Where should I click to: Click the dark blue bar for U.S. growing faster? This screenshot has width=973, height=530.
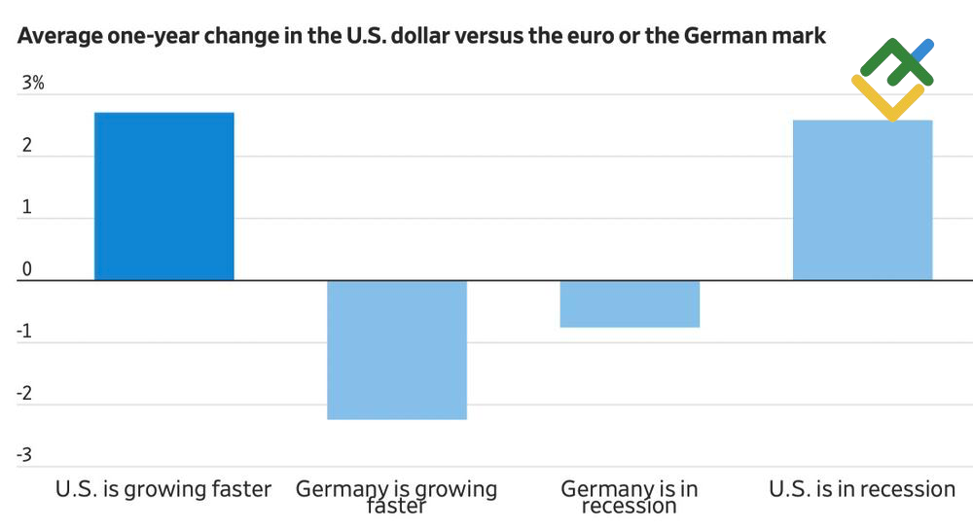[163, 196]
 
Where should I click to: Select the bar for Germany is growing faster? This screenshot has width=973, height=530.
[396, 349]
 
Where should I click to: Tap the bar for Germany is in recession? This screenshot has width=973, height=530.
[629, 303]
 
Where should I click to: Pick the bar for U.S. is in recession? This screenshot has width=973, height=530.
[862, 200]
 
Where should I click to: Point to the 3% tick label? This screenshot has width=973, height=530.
[33, 84]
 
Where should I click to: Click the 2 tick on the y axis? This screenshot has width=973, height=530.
[27, 146]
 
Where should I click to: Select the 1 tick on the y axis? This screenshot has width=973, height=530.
[27, 208]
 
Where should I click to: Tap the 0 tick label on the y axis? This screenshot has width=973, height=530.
[27, 269]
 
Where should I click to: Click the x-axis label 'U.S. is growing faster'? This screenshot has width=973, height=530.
[163, 489]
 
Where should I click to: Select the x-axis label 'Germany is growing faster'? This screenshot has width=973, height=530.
[396, 497]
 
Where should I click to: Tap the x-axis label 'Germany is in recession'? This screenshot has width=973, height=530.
[629, 497]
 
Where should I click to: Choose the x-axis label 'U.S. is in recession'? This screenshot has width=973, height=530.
[862, 489]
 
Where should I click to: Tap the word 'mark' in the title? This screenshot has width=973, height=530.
[801, 37]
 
